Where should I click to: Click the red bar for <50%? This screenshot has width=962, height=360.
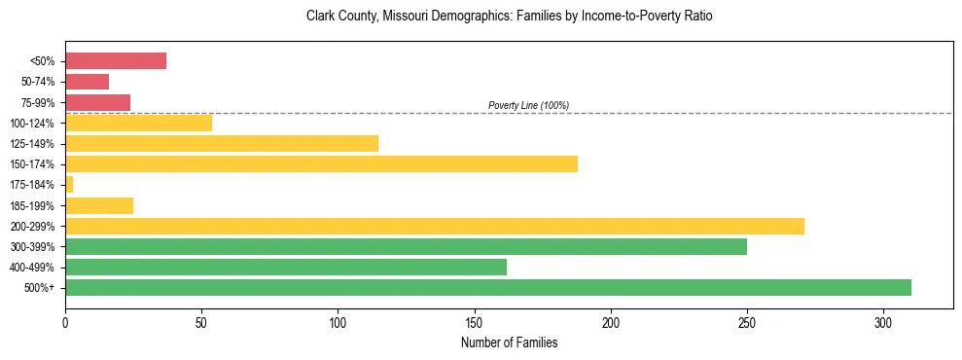pos(116,61)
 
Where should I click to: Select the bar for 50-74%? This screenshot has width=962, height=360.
pos(87,82)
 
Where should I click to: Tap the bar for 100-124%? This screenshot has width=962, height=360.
pos(138,123)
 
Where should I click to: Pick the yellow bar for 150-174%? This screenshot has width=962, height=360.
pos(321,163)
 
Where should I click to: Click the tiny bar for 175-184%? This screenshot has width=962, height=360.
pos(69,184)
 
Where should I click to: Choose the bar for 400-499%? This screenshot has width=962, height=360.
pos(286,267)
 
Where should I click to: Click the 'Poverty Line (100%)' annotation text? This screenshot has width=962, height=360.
pos(528,105)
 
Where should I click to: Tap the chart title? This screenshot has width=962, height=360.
pos(510,17)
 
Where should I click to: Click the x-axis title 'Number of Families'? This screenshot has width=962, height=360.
pos(510,342)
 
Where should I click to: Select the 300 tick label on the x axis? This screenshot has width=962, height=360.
pos(883,322)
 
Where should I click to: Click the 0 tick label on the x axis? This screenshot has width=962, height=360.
pos(65,322)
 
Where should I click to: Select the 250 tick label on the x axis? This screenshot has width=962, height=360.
pos(747,322)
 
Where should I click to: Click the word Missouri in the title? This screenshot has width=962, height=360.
pos(404,17)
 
